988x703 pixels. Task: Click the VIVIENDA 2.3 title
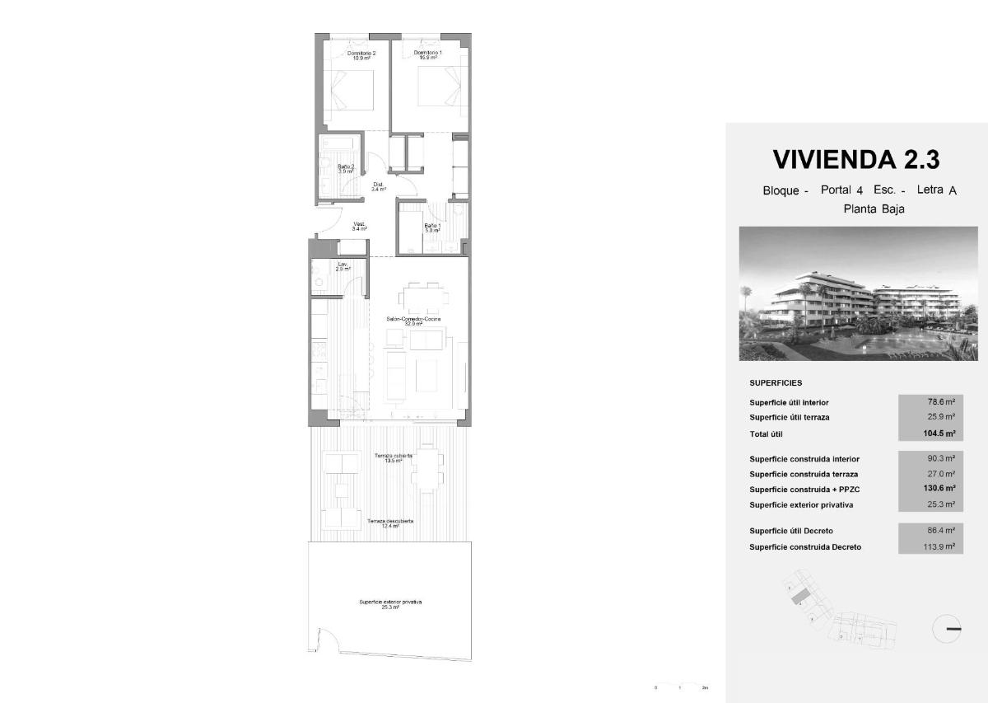tap(856, 159)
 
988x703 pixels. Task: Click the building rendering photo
tap(858, 294)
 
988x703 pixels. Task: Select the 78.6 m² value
tap(940, 401)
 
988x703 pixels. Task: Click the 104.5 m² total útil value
tap(939, 433)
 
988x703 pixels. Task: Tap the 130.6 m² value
tap(939, 489)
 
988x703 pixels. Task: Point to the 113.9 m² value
tap(939, 546)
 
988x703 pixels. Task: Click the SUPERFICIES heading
tap(776, 383)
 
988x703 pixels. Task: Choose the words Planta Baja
tap(874, 209)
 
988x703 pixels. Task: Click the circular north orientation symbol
tap(946, 629)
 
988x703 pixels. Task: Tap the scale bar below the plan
tap(681, 687)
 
